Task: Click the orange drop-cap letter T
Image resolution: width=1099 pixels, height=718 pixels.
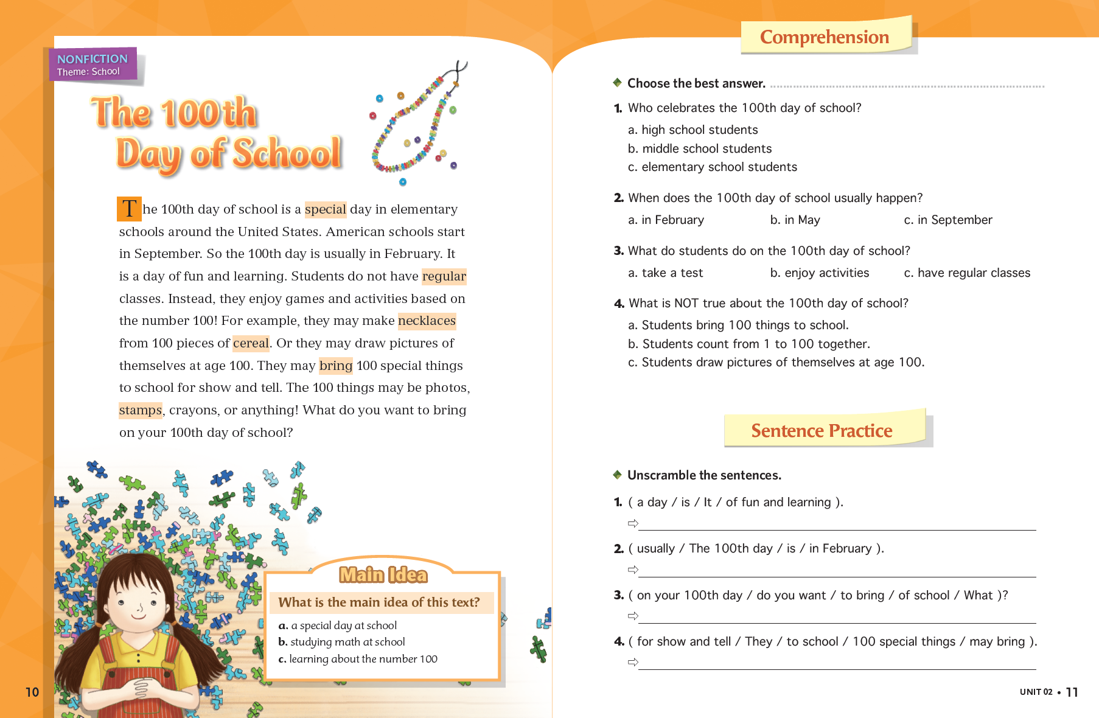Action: click(129, 209)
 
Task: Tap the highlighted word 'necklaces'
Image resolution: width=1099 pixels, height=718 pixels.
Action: click(427, 321)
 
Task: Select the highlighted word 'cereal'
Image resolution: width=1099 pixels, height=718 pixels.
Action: click(251, 343)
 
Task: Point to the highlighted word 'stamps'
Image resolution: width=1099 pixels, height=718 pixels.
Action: click(141, 410)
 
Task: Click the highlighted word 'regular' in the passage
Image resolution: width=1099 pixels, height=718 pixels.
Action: click(444, 276)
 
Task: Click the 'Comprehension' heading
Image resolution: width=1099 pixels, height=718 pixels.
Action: click(825, 37)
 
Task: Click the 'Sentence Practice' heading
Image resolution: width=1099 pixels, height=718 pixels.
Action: click(822, 431)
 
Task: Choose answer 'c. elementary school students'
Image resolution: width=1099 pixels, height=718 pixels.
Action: click(712, 167)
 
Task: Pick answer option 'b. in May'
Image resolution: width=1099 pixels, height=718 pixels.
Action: click(795, 220)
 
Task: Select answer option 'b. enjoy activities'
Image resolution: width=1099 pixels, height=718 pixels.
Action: click(819, 273)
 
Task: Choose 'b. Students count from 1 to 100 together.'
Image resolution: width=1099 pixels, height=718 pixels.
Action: click(748, 344)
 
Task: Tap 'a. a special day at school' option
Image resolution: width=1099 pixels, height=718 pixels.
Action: click(338, 626)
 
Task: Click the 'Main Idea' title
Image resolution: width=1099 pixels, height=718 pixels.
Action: click(383, 575)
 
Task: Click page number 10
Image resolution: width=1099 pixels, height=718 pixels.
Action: click(32, 692)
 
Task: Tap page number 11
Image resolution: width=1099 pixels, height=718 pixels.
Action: click(1072, 692)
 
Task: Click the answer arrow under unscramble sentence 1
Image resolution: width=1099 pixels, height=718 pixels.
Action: click(633, 523)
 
